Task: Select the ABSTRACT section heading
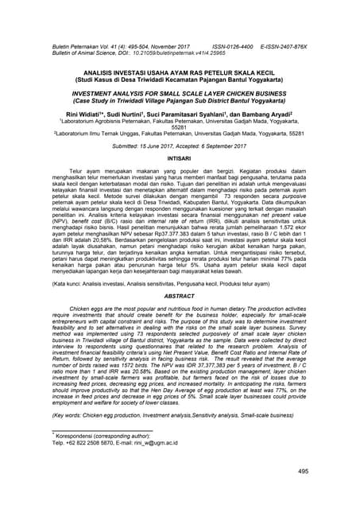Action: tap(179, 294)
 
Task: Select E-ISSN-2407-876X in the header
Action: tap(284, 48)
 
